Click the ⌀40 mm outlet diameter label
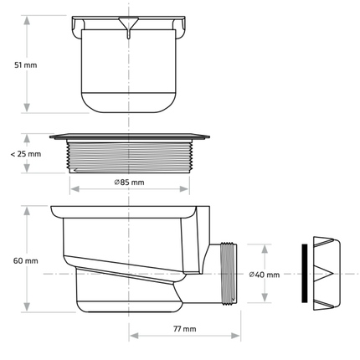click(265, 275)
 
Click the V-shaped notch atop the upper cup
click(128, 24)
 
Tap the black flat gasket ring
click(304, 274)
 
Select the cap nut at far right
click(327, 274)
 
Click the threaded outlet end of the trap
click(228, 272)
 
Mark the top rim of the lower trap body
click(126, 210)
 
